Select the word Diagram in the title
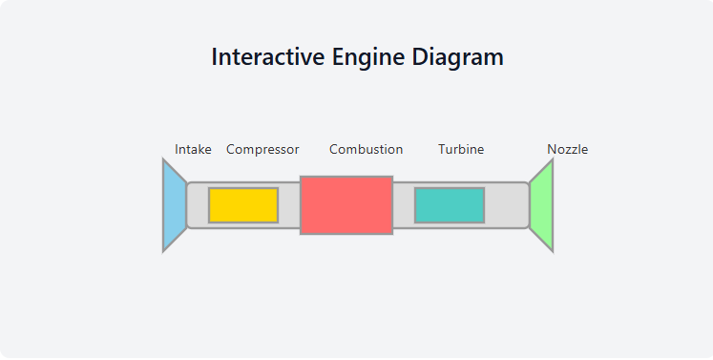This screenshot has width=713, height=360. (x=458, y=56)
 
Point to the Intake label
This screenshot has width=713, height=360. (x=193, y=149)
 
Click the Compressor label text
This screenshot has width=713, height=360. (x=262, y=149)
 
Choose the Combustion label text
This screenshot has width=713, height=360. (x=366, y=149)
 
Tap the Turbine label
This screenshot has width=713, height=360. (x=461, y=149)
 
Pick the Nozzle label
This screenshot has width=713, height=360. (x=567, y=149)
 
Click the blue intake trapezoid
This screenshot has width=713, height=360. (x=174, y=205)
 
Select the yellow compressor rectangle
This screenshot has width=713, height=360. (x=243, y=205)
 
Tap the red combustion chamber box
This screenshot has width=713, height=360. (x=346, y=205)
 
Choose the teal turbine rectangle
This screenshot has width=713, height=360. (x=450, y=205)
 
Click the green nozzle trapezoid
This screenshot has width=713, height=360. (x=542, y=205)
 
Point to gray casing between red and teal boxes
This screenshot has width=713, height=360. (x=404, y=205)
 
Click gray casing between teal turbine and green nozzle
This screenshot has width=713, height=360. (x=506, y=205)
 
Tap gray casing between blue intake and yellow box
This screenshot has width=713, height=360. (x=198, y=205)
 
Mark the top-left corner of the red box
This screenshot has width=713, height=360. (x=301, y=177)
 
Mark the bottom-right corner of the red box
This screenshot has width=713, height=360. (x=392, y=233)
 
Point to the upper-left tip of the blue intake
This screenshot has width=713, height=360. (x=163, y=159)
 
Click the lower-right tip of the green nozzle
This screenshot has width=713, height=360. (x=553, y=251)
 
